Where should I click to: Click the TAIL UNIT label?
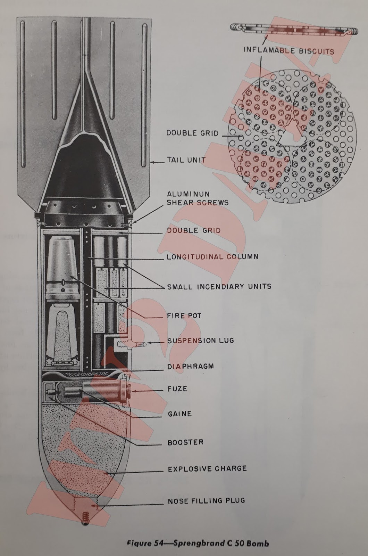click(186, 160)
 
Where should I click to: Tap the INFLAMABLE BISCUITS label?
click(288, 51)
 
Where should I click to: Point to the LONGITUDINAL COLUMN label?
click(212, 257)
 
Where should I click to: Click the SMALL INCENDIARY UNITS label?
click(219, 287)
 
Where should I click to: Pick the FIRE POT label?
click(184, 316)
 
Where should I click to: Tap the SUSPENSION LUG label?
click(201, 341)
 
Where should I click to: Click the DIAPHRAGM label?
click(190, 367)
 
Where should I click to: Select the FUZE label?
click(177, 389)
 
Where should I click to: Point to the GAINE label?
click(179, 414)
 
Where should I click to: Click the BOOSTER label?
click(185, 443)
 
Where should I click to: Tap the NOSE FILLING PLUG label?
click(206, 501)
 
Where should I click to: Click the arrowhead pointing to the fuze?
click(134, 391)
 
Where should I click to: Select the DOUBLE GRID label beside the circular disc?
click(192, 133)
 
